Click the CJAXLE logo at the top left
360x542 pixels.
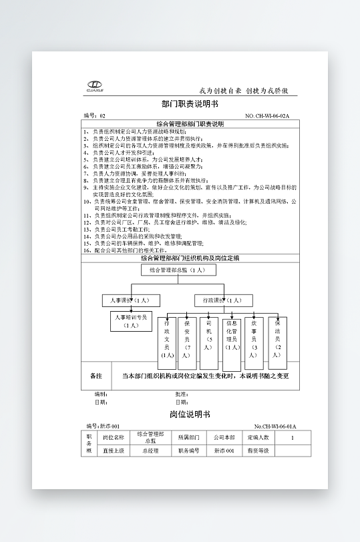(x=96, y=85)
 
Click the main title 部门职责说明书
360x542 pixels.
(x=190, y=105)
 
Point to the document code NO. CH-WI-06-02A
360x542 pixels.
(x=267, y=116)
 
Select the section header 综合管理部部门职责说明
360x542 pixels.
(x=190, y=123)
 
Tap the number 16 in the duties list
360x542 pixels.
(x=87, y=243)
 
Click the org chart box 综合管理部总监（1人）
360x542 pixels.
(x=178, y=270)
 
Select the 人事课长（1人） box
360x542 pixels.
(x=130, y=300)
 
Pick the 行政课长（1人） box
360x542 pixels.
(x=222, y=300)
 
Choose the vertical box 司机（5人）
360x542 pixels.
(x=209, y=343)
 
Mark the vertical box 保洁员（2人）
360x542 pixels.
(x=278, y=343)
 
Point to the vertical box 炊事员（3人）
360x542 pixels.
(x=254, y=343)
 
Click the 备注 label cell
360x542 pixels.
(x=96, y=376)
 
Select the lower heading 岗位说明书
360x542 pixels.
(x=190, y=415)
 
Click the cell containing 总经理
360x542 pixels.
(x=150, y=451)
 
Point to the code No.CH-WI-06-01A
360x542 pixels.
(x=275, y=426)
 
